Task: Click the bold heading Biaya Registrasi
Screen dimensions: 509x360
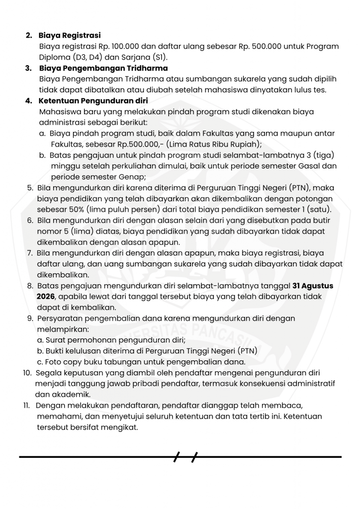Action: pyautogui.click(x=70, y=35)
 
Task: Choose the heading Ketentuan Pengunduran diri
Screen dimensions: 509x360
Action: pyautogui.click(x=90, y=101)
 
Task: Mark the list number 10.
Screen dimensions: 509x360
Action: pyautogui.click(x=28, y=373)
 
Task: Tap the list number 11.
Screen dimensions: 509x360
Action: pyautogui.click(x=27, y=405)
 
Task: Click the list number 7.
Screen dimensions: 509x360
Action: pyautogui.click(x=30, y=253)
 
